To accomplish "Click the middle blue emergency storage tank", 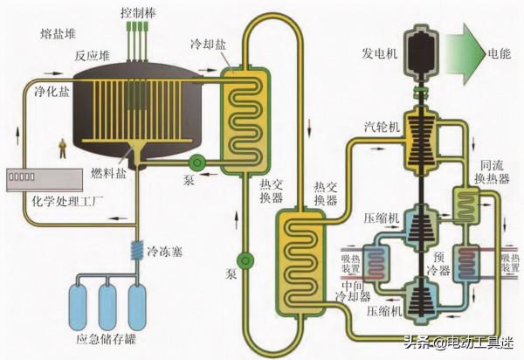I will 107,301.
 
